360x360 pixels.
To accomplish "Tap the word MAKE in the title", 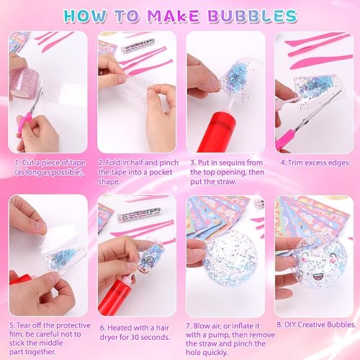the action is tap(174, 17).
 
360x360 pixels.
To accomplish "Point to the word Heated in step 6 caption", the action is tap(120, 328).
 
